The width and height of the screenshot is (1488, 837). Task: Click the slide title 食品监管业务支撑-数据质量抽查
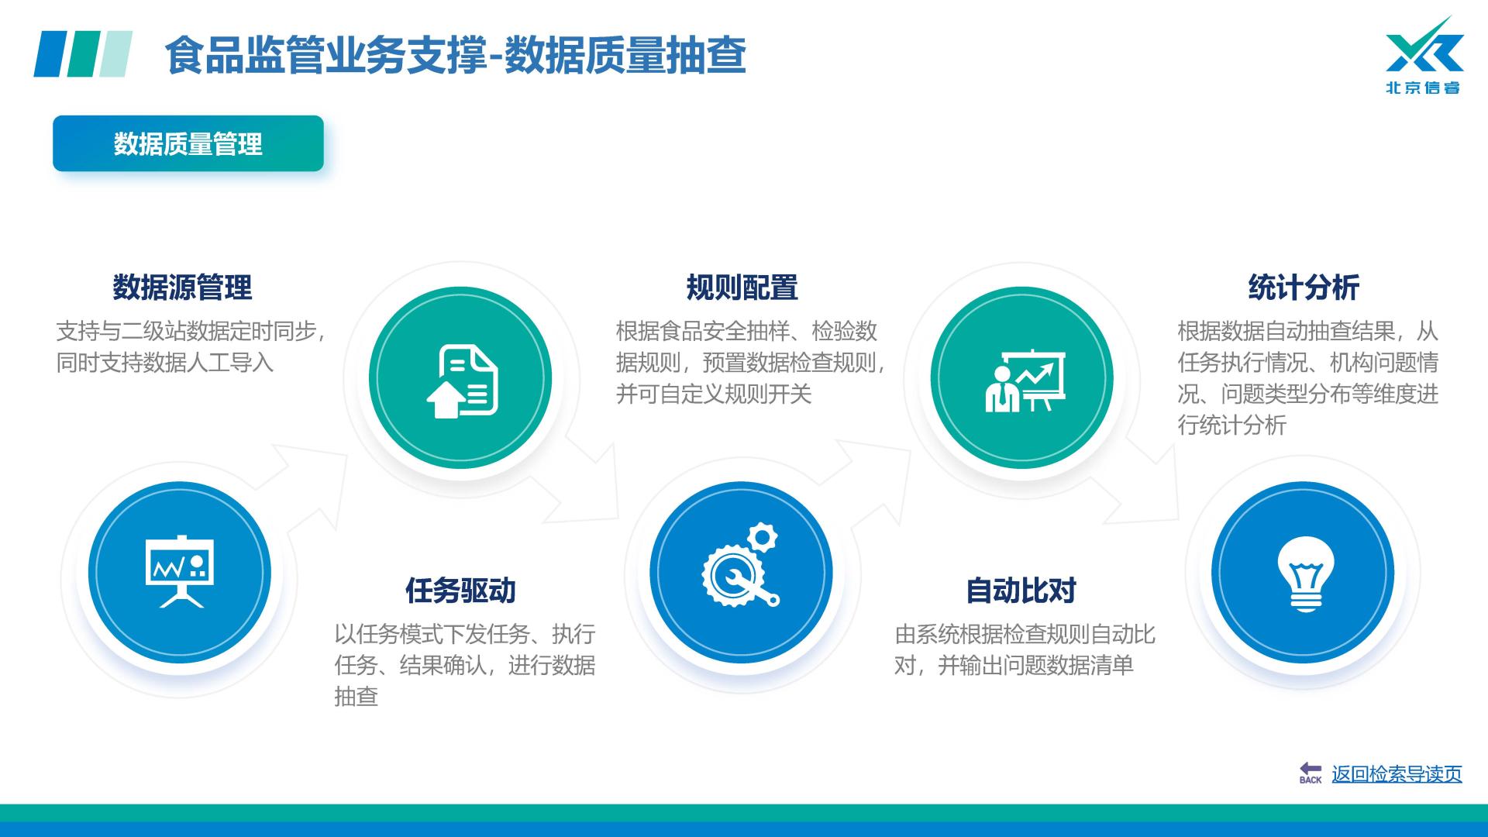click(x=455, y=55)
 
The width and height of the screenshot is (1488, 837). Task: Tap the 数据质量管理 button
click(x=188, y=143)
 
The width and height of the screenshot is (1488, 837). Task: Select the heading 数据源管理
click(x=182, y=288)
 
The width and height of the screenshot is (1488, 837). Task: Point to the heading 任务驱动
click(x=460, y=591)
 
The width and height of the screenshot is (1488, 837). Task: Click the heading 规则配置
click(x=742, y=288)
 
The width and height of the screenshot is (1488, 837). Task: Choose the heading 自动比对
click(x=1021, y=591)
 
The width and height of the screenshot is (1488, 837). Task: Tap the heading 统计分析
click(x=1304, y=288)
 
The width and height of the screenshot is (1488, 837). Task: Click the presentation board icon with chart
click(x=180, y=572)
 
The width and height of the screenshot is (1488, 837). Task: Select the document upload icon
click(x=462, y=381)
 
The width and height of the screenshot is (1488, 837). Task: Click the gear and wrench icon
click(x=740, y=565)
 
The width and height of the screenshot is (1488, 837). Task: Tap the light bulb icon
click(x=1306, y=573)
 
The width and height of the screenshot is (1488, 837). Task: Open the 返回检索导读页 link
click(x=1397, y=773)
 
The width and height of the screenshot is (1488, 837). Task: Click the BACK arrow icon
click(x=1311, y=773)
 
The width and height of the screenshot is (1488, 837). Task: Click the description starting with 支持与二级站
click(x=191, y=347)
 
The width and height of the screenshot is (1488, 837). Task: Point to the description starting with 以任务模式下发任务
click(x=465, y=665)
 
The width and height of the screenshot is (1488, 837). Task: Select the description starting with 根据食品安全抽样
click(x=750, y=363)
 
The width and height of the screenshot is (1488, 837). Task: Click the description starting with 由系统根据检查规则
click(x=1025, y=649)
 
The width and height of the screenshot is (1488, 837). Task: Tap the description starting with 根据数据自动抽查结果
click(x=1308, y=378)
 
